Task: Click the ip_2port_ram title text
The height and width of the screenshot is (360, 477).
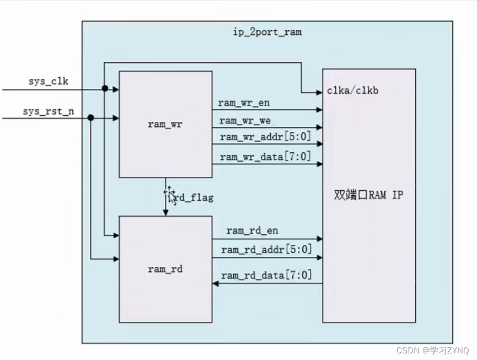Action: pos(267,32)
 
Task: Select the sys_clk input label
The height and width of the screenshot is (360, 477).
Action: pos(49,82)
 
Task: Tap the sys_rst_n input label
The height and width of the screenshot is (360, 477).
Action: pos(48,111)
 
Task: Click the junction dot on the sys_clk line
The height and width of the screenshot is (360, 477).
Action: pos(104,88)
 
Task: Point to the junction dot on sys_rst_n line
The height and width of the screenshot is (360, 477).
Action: pos(91,117)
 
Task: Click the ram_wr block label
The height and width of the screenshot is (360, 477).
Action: pos(165,124)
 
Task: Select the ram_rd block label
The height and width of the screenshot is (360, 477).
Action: pos(165,269)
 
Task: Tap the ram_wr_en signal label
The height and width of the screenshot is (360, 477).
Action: pos(244,102)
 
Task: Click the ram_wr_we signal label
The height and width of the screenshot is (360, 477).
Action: pos(245,120)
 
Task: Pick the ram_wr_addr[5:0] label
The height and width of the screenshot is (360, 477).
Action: pos(264,138)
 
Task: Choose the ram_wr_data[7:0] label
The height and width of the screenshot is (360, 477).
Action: pos(265,157)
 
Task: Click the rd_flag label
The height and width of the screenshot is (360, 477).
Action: pos(192,197)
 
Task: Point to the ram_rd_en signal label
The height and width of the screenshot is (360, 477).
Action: pos(251,232)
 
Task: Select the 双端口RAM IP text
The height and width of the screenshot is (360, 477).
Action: pos(369,195)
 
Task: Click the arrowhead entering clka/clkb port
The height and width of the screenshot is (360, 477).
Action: pos(319,91)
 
